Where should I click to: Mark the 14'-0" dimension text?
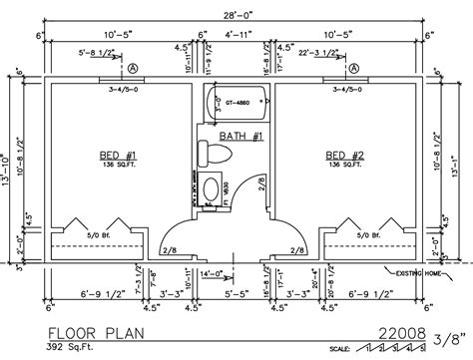[211, 272]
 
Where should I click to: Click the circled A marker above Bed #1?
[132, 69]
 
